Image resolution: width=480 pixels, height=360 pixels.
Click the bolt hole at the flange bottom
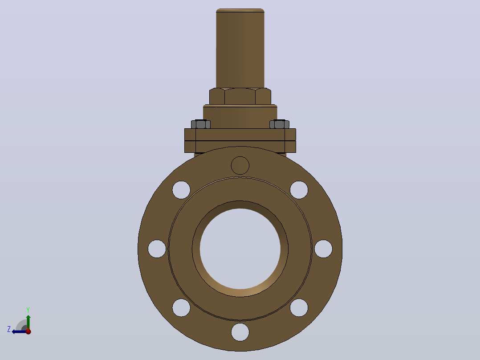[240, 332]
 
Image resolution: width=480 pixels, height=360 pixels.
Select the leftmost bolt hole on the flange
[157, 249]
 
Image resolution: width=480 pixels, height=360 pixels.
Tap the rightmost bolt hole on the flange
[323, 249]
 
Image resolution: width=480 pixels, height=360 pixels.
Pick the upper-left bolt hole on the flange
[181, 190]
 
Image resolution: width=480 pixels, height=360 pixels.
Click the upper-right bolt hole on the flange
[299, 190]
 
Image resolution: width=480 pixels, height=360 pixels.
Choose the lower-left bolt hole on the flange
[181, 307]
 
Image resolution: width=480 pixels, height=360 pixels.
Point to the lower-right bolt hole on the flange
[299, 307]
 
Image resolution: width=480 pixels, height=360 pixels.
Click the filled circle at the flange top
[240, 165]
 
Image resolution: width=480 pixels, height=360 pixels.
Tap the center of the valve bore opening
[240, 249]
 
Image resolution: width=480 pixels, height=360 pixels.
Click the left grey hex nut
[201, 124]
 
